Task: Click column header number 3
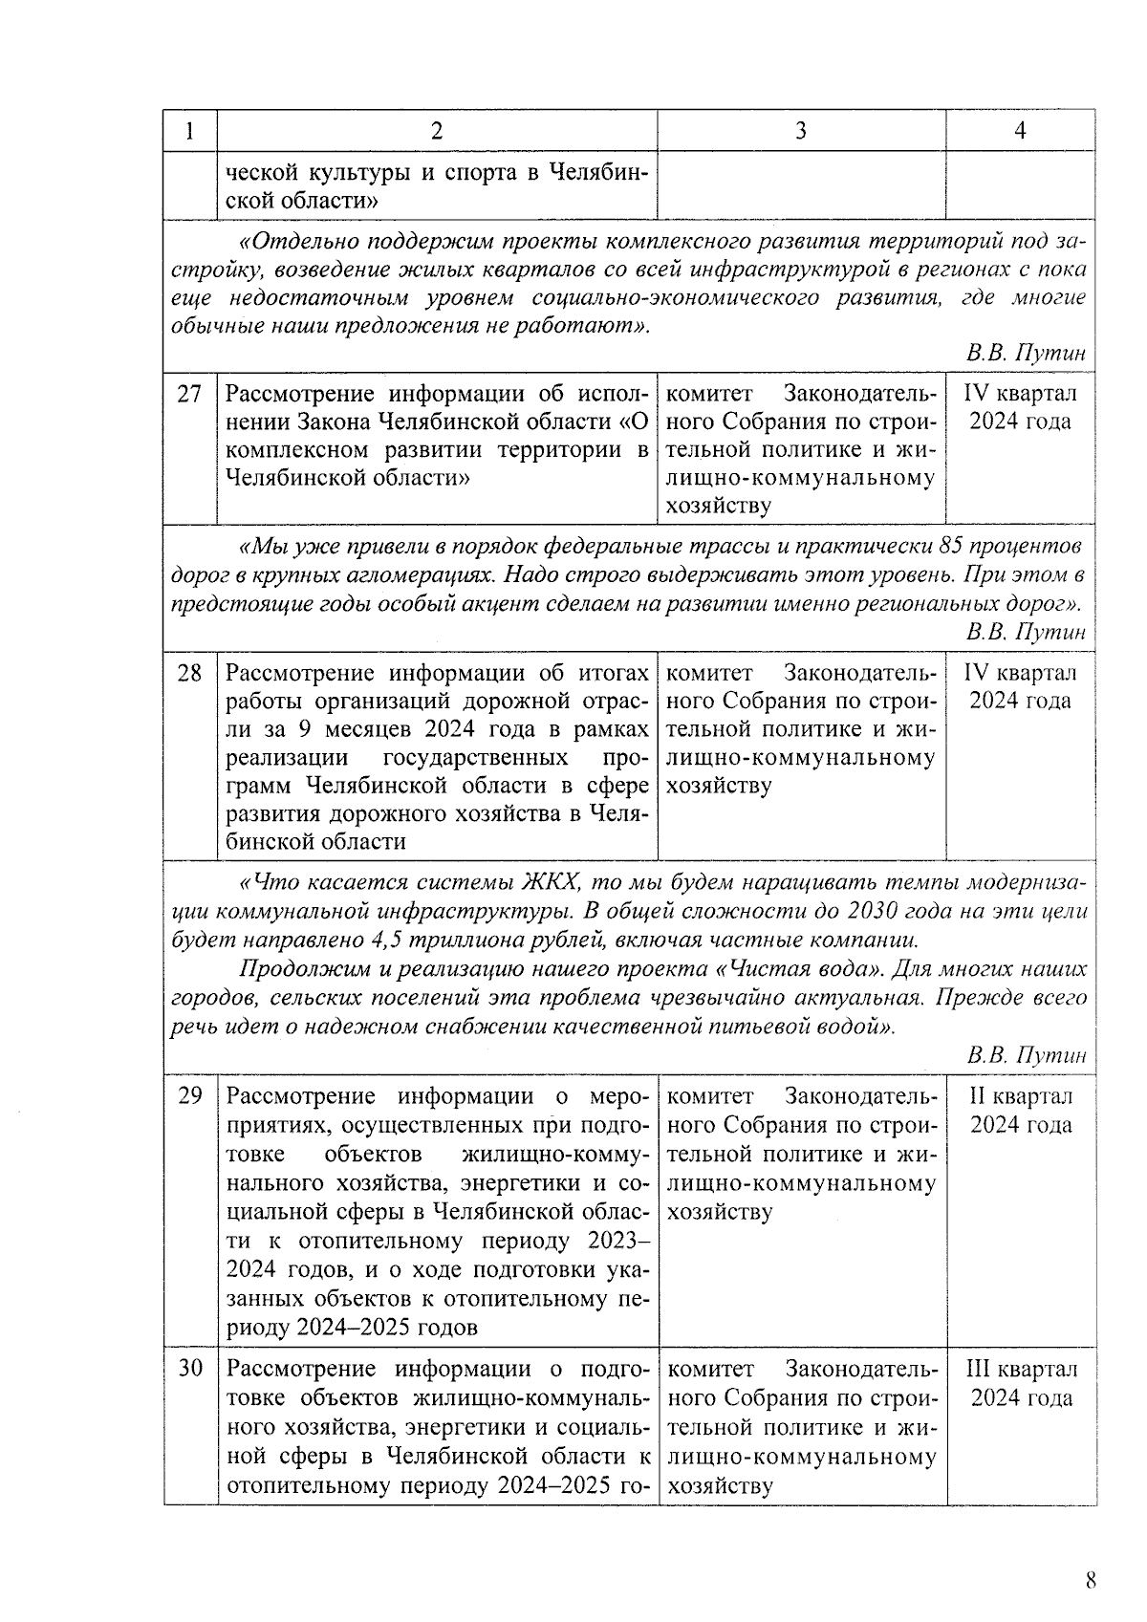[800, 131]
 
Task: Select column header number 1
[189, 131]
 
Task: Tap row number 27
[189, 394]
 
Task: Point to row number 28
[189, 673]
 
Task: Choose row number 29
[189, 1096]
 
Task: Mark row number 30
[189, 1370]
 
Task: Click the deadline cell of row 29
[1021, 1111]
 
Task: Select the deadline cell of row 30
[1021, 1384]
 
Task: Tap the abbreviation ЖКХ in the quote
[549, 882]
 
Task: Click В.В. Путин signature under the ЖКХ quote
[1026, 1056]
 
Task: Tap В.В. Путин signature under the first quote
[1026, 354]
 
